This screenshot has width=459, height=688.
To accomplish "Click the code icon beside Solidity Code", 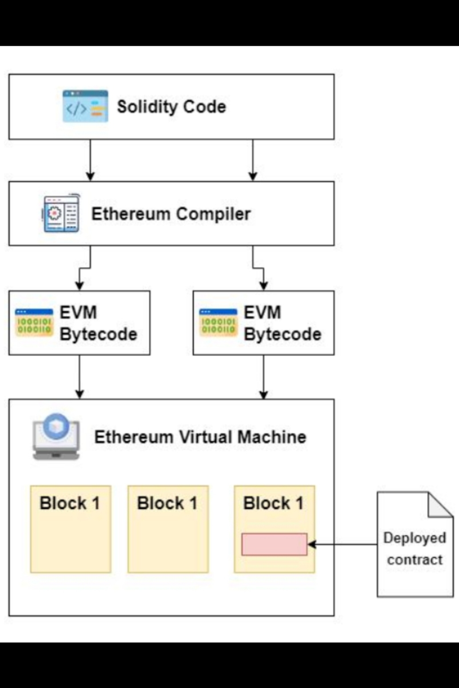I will (85, 106).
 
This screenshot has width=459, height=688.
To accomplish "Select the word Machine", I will (272, 437).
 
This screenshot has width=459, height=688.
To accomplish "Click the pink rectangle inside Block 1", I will (274, 544).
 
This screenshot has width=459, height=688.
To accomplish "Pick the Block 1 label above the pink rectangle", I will (274, 503).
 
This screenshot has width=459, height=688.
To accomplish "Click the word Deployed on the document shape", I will (415, 538).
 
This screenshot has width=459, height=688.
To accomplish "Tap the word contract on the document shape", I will (415, 560).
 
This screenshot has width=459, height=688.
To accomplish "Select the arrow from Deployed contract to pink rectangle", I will (342, 545).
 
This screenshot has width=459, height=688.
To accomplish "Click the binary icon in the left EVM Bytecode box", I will (34, 323).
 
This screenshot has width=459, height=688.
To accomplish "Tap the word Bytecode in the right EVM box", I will (283, 334).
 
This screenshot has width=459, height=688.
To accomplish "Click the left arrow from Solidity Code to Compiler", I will (90, 160).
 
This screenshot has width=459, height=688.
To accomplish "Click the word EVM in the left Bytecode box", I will (78, 312).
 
